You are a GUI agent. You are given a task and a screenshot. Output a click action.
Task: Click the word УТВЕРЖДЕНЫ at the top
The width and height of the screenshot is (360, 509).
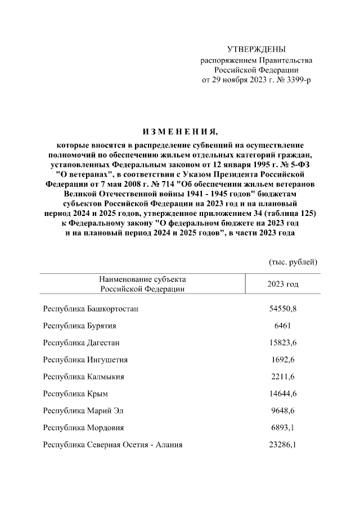click(x=256, y=49)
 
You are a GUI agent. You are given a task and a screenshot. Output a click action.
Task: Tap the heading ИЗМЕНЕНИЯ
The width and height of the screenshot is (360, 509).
click(x=180, y=132)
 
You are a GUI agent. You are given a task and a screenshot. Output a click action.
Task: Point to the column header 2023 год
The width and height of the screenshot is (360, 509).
click(x=283, y=284)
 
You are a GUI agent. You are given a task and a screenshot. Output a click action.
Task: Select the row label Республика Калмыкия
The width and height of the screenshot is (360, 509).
click(x=83, y=376)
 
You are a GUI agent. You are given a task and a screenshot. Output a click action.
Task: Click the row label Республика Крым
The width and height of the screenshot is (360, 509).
click(x=75, y=393)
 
